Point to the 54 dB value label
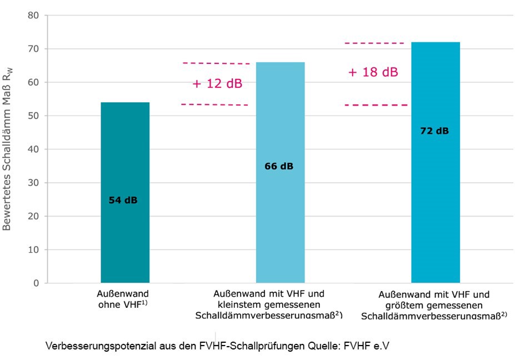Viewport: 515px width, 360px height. tap(123, 200)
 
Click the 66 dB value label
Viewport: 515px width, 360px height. tap(278, 166)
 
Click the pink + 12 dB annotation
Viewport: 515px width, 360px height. tap(217, 84)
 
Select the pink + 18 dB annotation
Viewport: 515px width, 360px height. tap(373, 72)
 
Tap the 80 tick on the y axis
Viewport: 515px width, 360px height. tap(34, 16)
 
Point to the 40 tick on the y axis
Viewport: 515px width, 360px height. tap(34, 149)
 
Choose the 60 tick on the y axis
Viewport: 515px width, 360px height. tap(34, 83)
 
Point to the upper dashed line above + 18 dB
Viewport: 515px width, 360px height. tap(374, 43)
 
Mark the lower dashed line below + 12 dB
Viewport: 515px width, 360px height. tap(214, 104)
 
